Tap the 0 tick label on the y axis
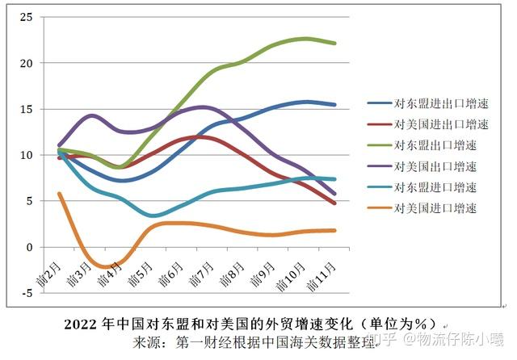point(30,247)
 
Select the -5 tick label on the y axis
point(27,293)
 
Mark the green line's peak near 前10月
point(305,38)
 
